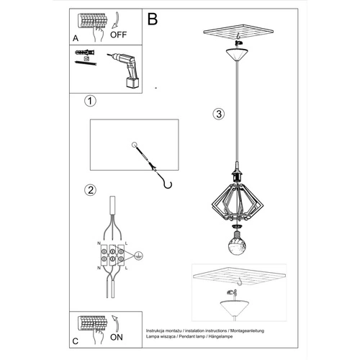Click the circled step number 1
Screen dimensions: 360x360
tap(89, 101)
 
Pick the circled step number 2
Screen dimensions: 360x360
tap(90, 190)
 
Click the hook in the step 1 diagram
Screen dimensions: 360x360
tap(167, 184)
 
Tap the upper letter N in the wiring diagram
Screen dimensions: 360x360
tap(98, 246)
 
